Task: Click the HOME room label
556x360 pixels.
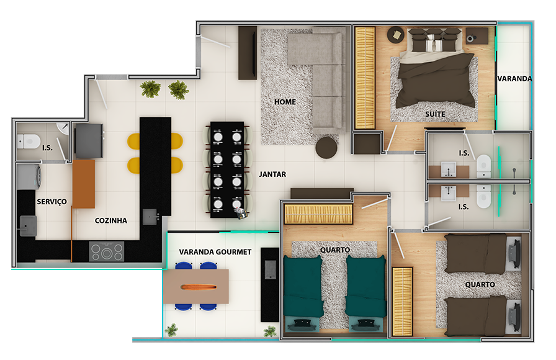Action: [285, 102]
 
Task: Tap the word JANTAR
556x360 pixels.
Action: [272, 174]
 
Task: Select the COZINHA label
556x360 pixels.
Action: [111, 220]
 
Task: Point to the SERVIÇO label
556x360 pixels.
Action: [52, 202]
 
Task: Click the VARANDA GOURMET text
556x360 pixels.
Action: [215, 252]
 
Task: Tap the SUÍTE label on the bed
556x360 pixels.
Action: [436, 114]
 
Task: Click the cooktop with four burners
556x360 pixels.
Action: [107, 251]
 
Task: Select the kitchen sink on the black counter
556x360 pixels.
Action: [150, 217]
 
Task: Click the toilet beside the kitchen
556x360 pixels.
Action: [29, 142]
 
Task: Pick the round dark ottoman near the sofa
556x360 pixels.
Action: [326, 148]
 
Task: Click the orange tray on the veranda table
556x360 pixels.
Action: [199, 287]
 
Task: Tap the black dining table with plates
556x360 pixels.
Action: [227, 170]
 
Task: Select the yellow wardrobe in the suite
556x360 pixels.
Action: [365, 78]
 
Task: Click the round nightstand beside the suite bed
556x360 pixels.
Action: [396, 35]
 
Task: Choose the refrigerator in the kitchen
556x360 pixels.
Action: [89, 141]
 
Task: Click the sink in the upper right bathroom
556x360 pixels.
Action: [449, 169]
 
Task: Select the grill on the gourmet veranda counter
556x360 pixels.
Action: [270, 270]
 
